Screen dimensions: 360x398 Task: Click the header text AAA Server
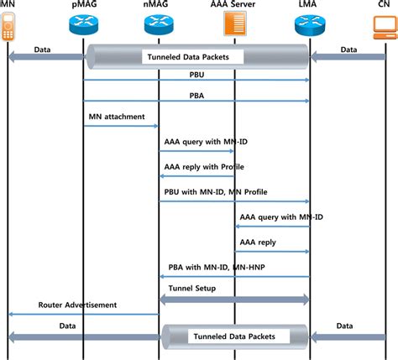click(234, 5)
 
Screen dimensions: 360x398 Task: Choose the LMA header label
click(309, 5)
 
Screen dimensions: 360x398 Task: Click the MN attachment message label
click(117, 117)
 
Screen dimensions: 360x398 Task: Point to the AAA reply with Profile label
click(197, 166)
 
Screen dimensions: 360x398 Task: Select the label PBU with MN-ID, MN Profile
click(214, 190)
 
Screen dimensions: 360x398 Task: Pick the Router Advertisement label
click(77, 304)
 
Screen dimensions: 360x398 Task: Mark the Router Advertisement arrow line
click(83, 315)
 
